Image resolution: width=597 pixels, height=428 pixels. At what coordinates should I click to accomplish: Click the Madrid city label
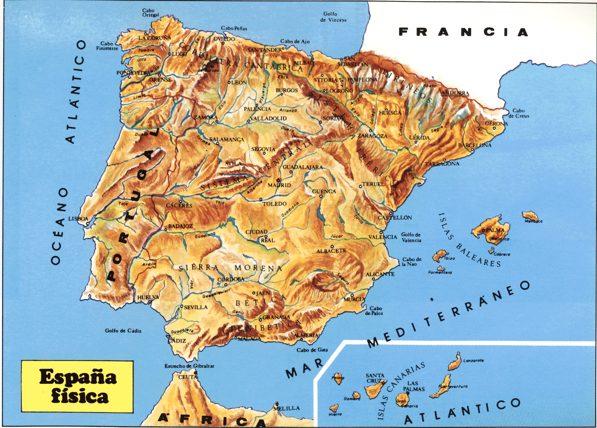[279, 185]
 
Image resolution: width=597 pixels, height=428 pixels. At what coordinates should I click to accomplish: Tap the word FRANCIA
[464, 32]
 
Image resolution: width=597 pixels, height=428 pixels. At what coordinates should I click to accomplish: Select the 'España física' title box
[77, 386]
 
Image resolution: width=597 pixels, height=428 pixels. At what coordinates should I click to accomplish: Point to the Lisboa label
[78, 219]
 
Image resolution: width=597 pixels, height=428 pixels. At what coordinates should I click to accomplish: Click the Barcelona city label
[474, 146]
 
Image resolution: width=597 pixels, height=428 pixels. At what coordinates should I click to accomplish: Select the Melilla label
[286, 408]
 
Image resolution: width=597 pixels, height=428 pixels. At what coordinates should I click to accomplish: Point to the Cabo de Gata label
[312, 350]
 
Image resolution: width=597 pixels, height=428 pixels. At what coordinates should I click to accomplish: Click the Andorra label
[455, 94]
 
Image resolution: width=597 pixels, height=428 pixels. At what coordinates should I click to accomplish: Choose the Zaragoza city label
[372, 136]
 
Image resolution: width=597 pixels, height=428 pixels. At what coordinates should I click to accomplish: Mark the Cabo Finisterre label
[109, 46]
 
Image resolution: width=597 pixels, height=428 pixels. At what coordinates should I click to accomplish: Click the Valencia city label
[382, 237]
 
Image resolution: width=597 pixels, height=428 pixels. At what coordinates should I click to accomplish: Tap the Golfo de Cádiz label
[123, 331]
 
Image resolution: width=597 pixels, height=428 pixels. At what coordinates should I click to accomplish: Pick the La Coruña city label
[155, 38]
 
